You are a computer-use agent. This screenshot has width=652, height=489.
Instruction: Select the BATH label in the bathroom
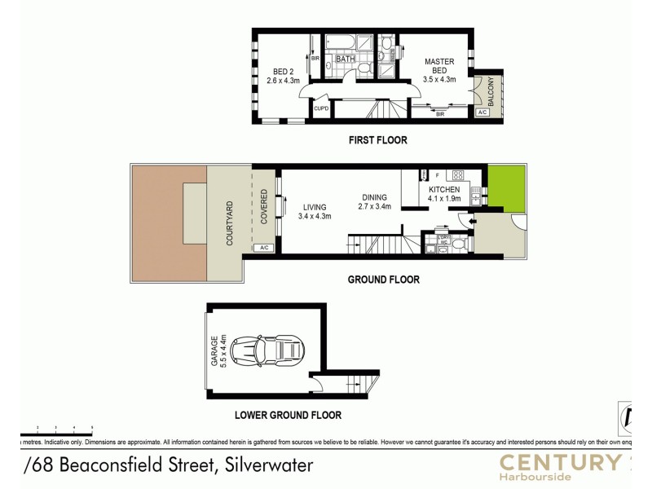pos(345,58)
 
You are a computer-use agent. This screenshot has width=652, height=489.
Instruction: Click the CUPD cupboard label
pos(321,108)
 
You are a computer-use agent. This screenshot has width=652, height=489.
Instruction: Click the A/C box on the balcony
pos(482,112)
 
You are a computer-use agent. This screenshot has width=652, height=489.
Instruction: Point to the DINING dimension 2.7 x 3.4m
pos(375,207)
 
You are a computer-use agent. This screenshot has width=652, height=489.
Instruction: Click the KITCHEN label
pos(444,189)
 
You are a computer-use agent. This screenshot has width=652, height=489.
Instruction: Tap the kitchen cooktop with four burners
pos(458,174)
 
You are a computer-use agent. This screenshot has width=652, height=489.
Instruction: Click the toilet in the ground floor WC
pos(459,243)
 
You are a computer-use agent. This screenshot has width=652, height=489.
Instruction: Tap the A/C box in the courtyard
pos(263,248)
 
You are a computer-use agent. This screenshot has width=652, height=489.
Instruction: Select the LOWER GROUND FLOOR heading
pos(288,415)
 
